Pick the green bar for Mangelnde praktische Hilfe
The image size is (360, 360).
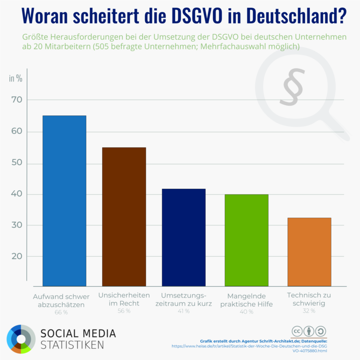[x=247, y=240]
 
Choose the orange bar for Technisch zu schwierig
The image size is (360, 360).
[x=309, y=252]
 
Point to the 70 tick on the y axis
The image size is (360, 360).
[x=17, y=100]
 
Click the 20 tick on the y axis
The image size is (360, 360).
[x=17, y=256]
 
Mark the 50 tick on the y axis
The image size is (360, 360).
[x=17, y=164]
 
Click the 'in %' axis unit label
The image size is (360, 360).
[x=15, y=78]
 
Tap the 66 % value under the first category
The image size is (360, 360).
[x=61, y=312]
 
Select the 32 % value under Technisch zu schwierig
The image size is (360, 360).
[x=308, y=311]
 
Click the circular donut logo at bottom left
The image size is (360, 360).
[x=21, y=338]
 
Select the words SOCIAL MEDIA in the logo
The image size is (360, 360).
[x=78, y=333]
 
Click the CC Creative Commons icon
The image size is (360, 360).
[x=297, y=330]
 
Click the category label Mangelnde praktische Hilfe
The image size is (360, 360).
[x=246, y=300]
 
